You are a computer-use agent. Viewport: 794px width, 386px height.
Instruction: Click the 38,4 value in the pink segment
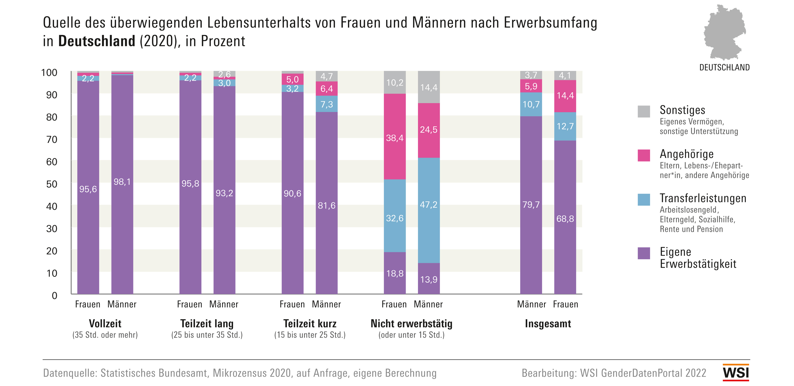(395, 138)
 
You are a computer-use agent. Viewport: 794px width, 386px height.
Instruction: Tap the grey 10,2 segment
(395, 83)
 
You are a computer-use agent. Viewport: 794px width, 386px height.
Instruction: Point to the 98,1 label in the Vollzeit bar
(122, 182)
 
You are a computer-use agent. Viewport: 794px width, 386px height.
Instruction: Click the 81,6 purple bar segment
(326, 205)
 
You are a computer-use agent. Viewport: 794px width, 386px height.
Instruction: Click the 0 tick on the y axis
(55, 296)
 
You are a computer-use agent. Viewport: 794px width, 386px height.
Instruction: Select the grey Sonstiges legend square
(643, 111)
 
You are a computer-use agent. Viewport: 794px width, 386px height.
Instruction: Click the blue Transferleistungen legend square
(643, 199)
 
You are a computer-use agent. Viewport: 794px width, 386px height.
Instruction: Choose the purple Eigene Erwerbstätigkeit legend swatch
(643, 253)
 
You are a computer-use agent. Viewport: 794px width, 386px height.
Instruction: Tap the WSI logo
(736, 372)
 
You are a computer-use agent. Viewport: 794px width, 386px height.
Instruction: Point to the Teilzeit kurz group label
(310, 324)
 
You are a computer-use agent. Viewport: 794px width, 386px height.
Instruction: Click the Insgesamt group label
(548, 324)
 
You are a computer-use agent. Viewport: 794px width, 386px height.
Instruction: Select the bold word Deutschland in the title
(97, 41)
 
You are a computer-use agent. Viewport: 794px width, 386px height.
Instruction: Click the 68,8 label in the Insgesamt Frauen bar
(565, 219)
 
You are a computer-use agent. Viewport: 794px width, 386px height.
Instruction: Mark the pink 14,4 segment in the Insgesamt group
(565, 96)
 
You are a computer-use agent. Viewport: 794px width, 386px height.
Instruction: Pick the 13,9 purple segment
(428, 279)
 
